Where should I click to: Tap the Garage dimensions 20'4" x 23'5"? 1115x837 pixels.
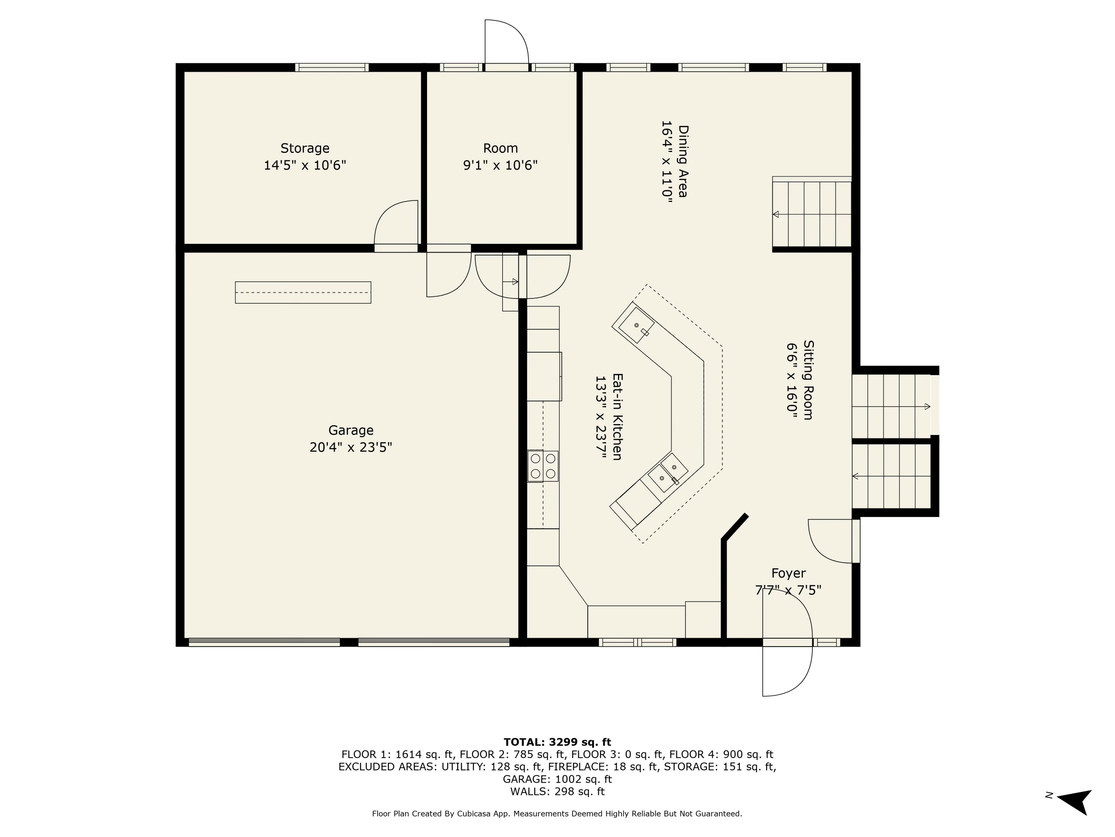(x=350, y=448)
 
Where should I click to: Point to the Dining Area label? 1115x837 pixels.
(x=682, y=161)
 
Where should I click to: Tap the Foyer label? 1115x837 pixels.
(x=788, y=573)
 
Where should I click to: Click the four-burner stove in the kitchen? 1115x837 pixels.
(x=543, y=466)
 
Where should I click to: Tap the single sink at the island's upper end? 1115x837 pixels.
(x=636, y=325)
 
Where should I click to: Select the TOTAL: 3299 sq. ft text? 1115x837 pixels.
(x=557, y=742)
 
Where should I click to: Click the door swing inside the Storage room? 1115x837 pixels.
(x=396, y=223)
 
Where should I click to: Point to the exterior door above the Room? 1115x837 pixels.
(x=506, y=43)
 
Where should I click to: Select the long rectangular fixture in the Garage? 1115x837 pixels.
(x=303, y=293)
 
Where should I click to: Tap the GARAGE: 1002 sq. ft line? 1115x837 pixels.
(x=557, y=779)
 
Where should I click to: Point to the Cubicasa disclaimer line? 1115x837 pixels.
(x=557, y=814)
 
